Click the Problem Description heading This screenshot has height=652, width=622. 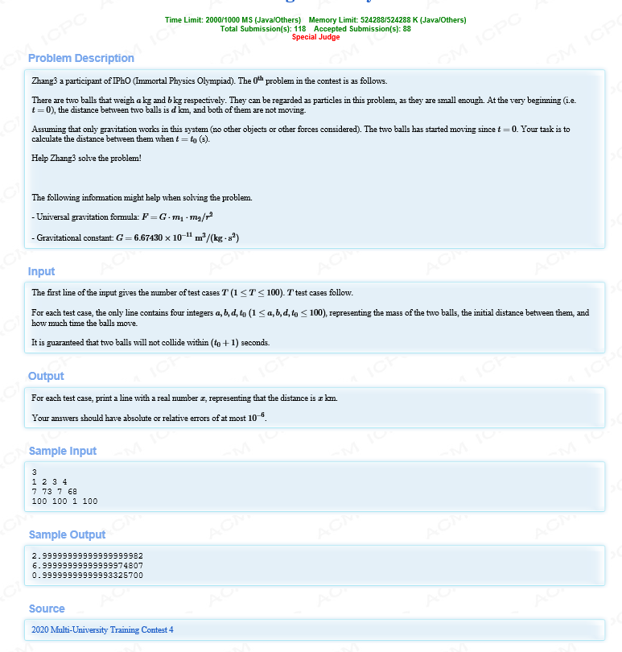[x=80, y=58]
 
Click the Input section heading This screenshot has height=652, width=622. [x=41, y=271]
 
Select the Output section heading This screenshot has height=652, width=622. [x=46, y=376]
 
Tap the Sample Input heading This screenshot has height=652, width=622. [x=62, y=451]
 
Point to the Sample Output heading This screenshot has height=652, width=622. [x=67, y=534]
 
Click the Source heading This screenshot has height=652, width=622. [x=47, y=609]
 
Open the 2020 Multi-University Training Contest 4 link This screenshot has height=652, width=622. [x=102, y=629]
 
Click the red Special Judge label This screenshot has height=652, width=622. [x=315, y=37]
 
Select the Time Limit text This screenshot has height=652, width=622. [x=233, y=20]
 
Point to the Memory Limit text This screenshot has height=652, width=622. [x=387, y=20]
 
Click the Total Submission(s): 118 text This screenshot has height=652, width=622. [x=262, y=29]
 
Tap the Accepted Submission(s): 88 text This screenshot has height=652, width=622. [x=362, y=29]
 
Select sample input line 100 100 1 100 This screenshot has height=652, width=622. [x=64, y=500]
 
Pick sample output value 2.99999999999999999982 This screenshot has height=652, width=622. [x=87, y=556]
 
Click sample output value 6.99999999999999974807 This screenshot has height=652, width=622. [x=87, y=566]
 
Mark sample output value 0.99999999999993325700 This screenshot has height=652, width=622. [x=87, y=576]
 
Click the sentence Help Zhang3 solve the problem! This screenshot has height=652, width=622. [x=86, y=157]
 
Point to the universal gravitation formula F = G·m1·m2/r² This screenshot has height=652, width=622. [x=177, y=217]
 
